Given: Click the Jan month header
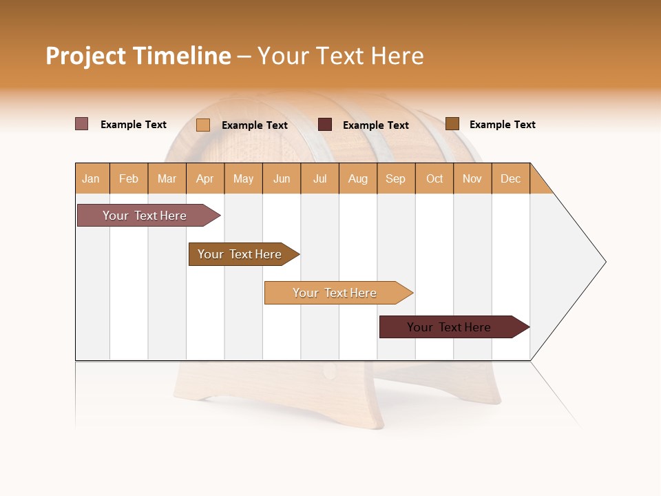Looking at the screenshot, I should pos(91,178).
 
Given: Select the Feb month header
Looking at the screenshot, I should pos(129,178).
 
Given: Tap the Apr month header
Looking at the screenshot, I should pos(204,178).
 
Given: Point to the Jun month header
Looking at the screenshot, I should pos(282,178).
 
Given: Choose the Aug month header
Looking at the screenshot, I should pos(357,178).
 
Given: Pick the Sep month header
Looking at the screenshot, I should pos(395,178).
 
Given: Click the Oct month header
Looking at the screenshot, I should pos(434,178).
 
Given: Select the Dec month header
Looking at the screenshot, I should pos(510,178).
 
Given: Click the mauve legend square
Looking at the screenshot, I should pos(81,124).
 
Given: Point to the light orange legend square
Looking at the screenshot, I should pos(203,125).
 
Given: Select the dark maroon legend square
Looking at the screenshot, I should pos(325,125).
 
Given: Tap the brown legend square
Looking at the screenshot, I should pos(452,124).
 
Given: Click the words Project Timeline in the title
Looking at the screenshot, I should pos(138,56).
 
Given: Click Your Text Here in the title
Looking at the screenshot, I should pos(340,56).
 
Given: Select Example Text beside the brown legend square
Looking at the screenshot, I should pos(502,125).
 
